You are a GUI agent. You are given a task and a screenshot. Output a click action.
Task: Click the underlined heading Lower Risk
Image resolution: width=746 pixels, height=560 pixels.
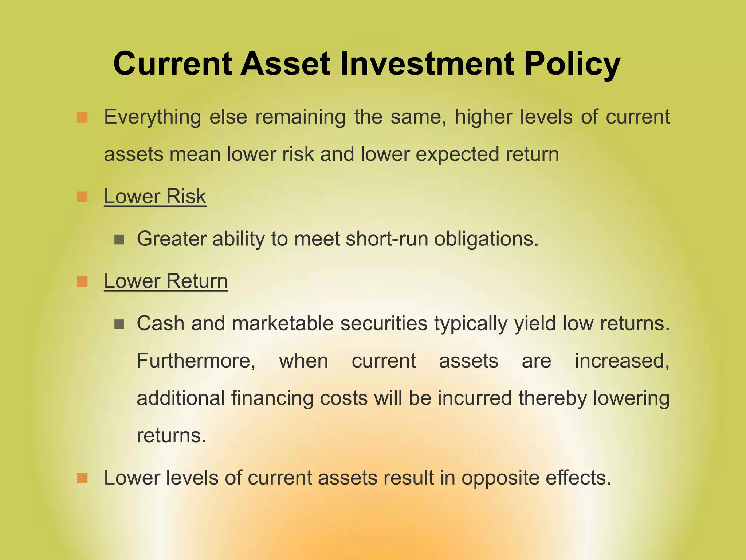[x=155, y=197]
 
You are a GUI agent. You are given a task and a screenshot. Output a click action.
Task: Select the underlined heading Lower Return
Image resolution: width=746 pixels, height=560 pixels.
[x=166, y=281]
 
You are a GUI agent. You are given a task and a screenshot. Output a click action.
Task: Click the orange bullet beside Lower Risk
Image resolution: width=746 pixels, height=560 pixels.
[x=83, y=197]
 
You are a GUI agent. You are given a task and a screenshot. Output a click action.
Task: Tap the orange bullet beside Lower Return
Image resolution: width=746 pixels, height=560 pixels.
[x=83, y=282]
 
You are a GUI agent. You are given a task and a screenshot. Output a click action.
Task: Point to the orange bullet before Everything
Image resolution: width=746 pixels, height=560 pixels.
[x=83, y=118]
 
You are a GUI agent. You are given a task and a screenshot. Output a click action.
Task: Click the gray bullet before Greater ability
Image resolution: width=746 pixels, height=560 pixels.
[x=119, y=240]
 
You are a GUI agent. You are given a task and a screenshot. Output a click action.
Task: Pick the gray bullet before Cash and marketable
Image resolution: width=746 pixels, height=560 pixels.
[x=119, y=324]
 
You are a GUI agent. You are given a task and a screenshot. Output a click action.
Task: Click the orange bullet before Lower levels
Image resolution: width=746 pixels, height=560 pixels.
[x=83, y=478]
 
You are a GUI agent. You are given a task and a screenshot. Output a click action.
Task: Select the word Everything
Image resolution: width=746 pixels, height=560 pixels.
[x=152, y=118]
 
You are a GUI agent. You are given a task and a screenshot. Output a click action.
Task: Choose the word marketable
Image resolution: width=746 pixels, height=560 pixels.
[x=283, y=323]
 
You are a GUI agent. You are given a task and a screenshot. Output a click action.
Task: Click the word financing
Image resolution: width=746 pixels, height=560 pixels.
[x=272, y=398]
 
